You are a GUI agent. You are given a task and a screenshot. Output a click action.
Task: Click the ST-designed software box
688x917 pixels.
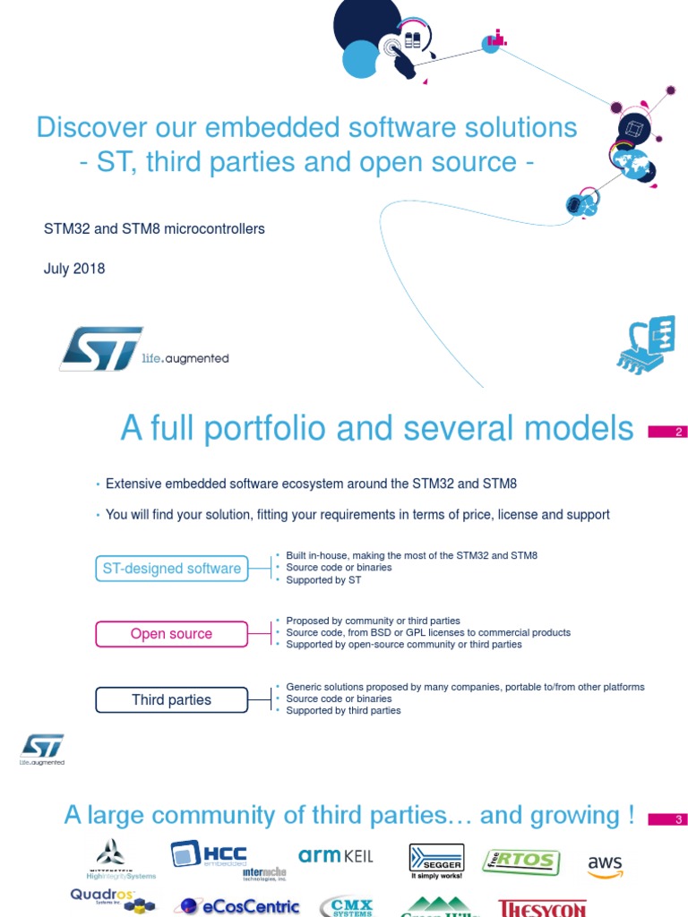[172, 568]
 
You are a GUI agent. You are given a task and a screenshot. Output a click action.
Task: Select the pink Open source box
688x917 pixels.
[172, 634]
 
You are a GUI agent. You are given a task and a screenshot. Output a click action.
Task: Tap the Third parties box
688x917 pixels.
[172, 700]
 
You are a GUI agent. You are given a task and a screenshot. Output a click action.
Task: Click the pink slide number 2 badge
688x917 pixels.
[666, 433]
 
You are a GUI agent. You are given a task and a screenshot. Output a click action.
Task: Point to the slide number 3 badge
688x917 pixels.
[666, 819]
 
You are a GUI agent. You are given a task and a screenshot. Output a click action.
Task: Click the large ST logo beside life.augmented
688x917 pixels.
[101, 348]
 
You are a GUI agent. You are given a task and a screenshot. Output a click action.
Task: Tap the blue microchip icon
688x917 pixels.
[645, 344]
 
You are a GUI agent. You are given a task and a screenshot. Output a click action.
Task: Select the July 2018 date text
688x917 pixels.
[74, 269]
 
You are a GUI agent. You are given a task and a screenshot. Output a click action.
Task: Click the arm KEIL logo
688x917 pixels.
[335, 856]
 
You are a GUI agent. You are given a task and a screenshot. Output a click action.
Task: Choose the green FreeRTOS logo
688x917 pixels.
[520, 861]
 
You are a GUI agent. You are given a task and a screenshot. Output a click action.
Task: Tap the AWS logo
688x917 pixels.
[605, 866]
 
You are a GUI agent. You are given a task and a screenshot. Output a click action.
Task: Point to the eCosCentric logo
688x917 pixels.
[237, 905]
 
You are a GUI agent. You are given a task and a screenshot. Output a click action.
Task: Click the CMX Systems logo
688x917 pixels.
[346, 906]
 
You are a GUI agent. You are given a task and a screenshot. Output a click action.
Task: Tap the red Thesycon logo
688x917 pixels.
[542, 908]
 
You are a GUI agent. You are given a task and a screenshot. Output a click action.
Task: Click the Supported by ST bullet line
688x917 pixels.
[323, 580]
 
